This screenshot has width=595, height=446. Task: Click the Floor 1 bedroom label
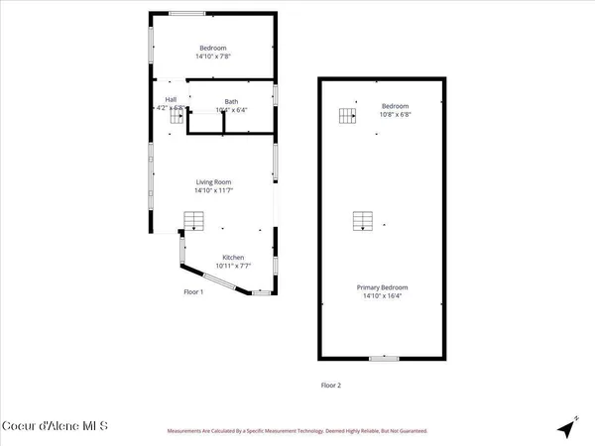click(x=213, y=49)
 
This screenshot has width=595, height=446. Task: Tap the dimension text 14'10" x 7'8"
click(x=213, y=57)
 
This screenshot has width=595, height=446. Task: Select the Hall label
click(x=171, y=99)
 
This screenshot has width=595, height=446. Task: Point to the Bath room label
click(x=231, y=101)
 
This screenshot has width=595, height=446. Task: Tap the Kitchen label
click(x=233, y=258)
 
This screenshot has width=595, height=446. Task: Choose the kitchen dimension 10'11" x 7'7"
click(x=233, y=266)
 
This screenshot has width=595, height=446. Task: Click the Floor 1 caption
click(x=193, y=292)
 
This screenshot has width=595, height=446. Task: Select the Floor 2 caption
click(x=330, y=385)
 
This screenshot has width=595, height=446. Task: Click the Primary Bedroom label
click(x=383, y=287)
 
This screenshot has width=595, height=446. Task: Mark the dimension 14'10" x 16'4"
click(x=383, y=296)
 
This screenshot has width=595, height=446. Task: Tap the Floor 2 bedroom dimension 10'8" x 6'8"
click(x=396, y=115)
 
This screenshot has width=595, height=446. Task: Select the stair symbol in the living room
click(x=193, y=220)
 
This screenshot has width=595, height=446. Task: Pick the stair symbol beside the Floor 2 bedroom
click(x=347, y=116)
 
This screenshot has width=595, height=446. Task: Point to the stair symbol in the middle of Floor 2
click(x=364, y=221)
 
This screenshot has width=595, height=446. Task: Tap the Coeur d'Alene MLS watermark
click(x=55, y=427)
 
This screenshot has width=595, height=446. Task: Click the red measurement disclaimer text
click(x=297, y=431)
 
